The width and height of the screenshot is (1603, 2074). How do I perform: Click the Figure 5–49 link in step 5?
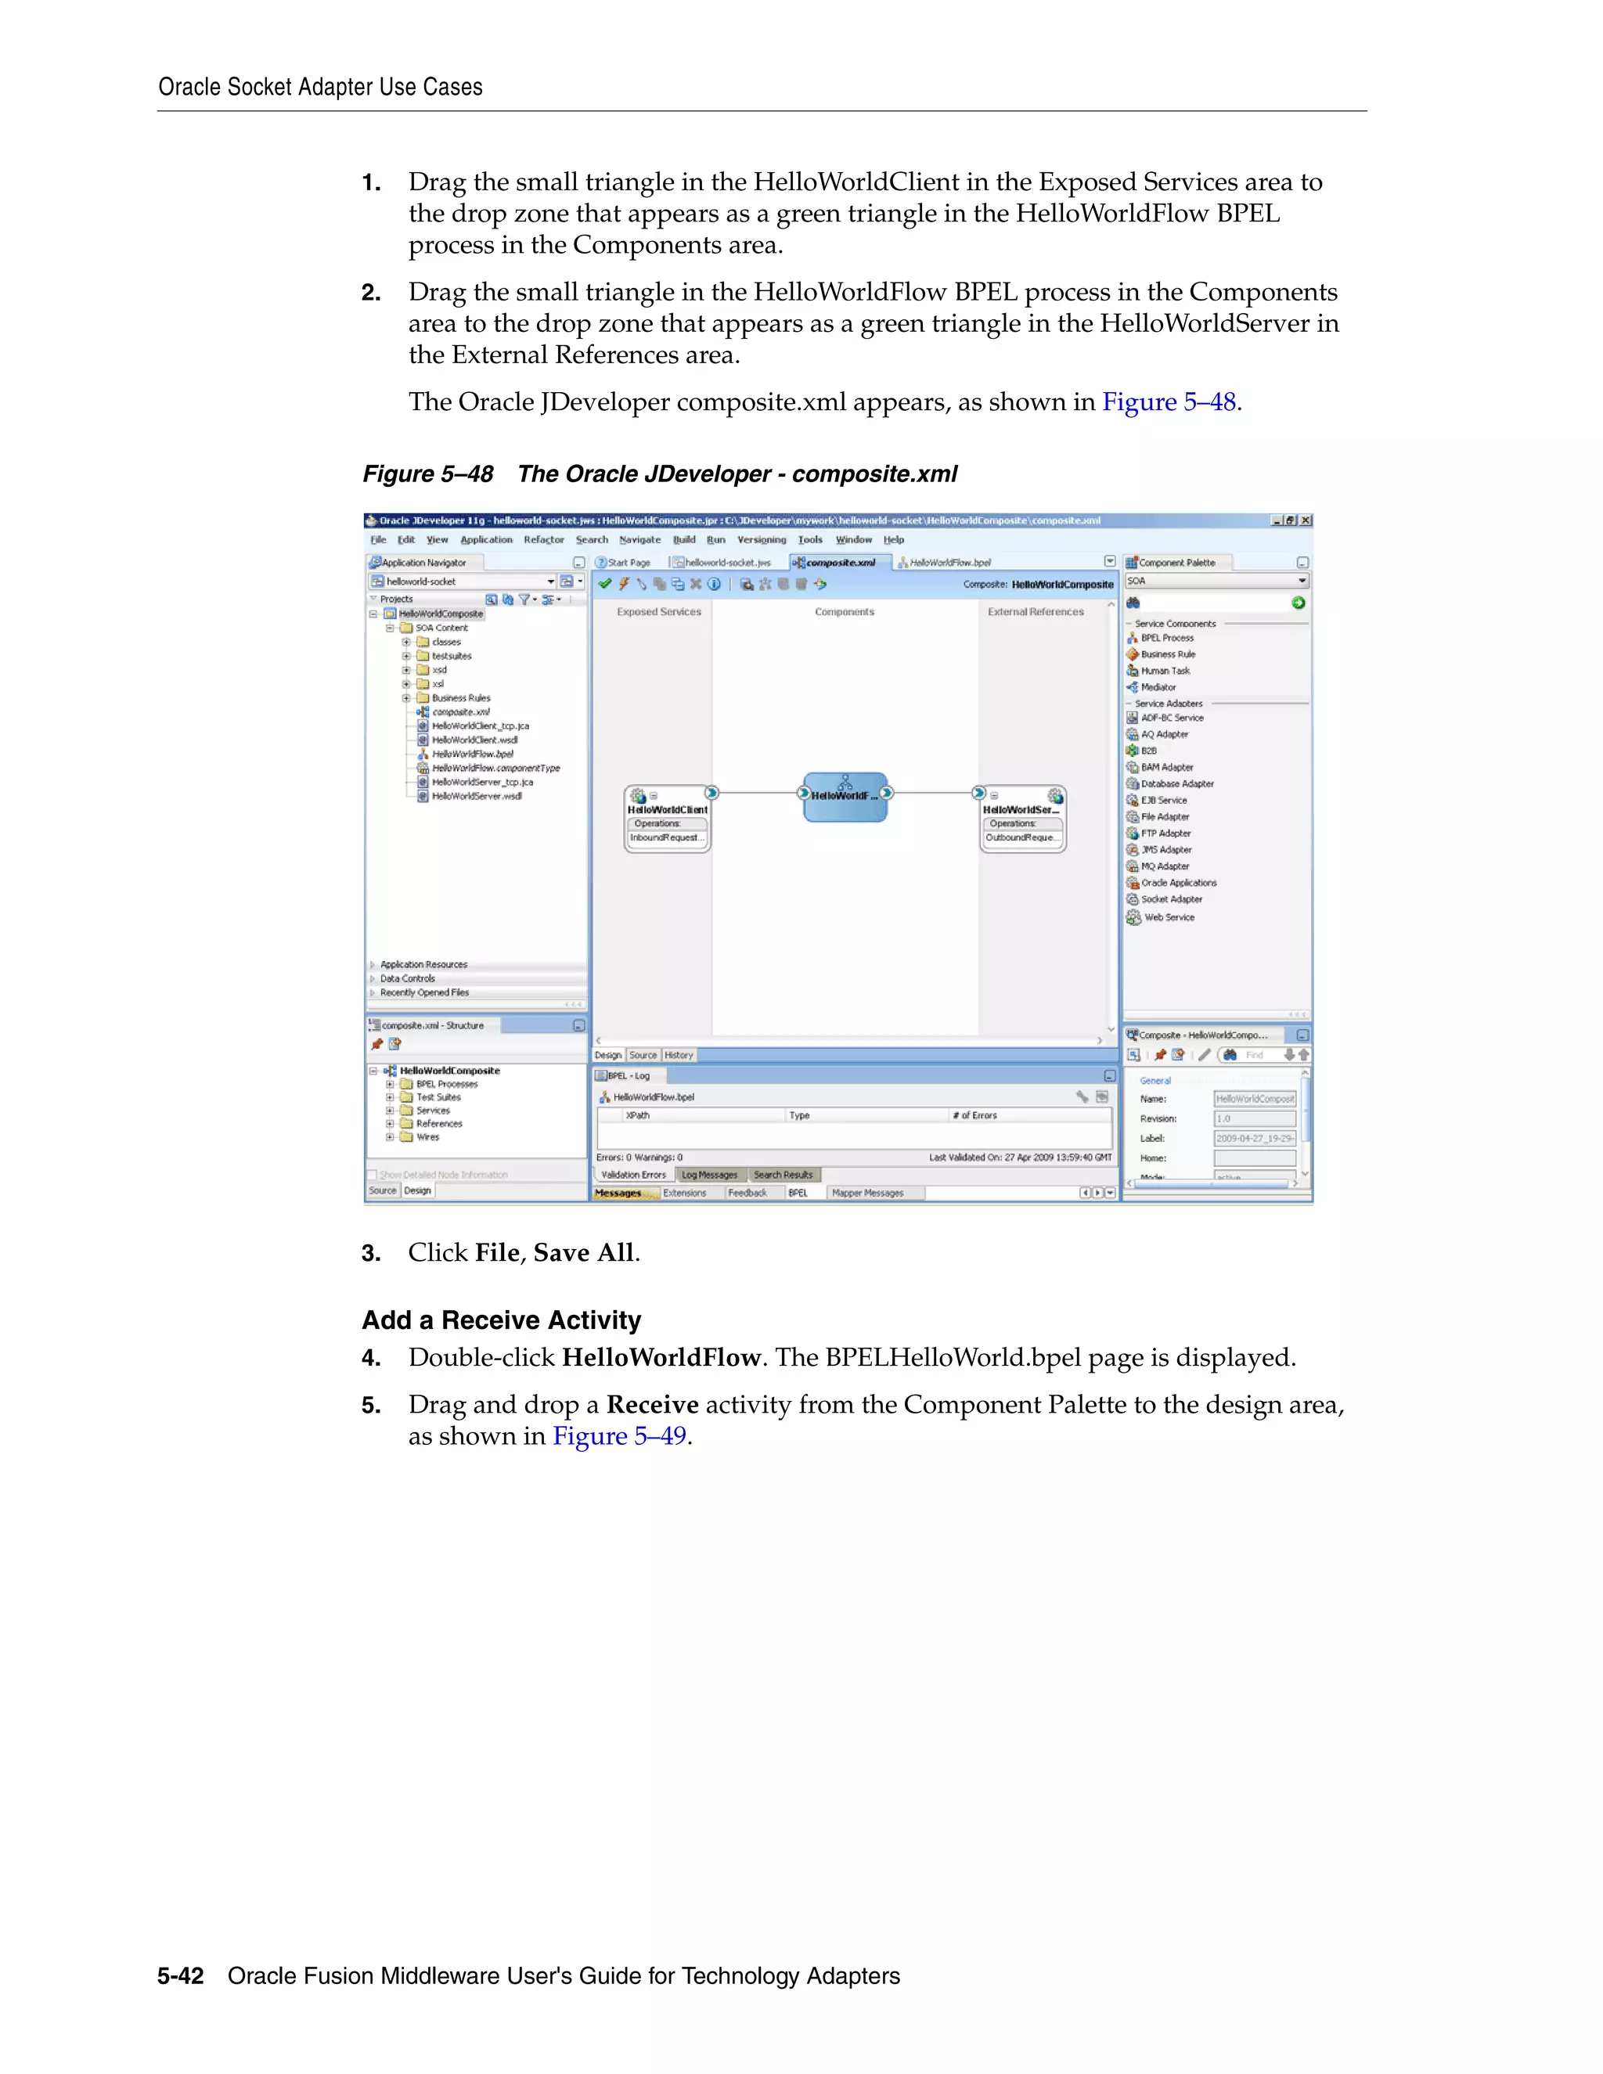tap(619, 1436)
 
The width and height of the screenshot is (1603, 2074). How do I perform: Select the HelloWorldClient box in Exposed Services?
tap(667, 819)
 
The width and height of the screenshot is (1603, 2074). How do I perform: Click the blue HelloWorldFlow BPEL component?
tap(845, 797)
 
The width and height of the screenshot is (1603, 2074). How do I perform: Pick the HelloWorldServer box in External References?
tap(1021, 819)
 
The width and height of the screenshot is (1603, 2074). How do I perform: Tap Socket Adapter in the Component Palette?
tap(1171, 899)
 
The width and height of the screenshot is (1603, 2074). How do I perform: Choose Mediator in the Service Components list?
tap(1158, 687)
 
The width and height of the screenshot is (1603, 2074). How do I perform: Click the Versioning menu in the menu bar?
tap(762, 539)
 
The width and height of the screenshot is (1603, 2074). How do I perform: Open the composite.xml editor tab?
tap(840, 562)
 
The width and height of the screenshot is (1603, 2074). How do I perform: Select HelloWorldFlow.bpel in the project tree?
tap(472, 754)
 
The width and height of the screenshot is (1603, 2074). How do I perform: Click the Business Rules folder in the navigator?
tap(460, 698)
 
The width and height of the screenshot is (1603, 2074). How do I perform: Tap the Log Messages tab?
tap(709, 1175)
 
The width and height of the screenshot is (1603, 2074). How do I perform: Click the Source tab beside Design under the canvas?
tap(643, 1055)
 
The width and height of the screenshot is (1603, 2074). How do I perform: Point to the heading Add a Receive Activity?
tap(502, 1320)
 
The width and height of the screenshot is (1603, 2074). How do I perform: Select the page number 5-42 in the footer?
tap(181, 1976)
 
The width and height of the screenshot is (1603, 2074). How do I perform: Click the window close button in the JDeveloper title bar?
tap(1306, 520)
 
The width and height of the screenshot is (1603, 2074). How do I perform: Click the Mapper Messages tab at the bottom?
tap(867, 1193)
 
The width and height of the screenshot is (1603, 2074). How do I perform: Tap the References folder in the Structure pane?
tap(439, 1123)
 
